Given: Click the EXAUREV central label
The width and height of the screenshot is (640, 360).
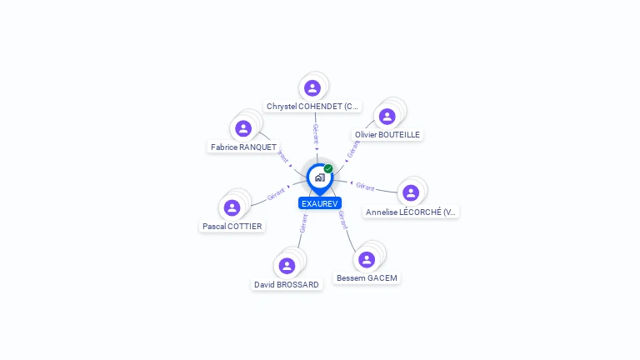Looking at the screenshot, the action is click(320, 203).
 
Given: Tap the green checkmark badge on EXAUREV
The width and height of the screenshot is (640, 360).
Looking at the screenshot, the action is click(328, 169).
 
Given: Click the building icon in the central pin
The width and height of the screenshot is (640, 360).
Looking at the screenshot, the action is click(319, 177).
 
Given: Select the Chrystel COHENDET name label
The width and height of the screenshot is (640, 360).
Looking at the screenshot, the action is click(312, 107).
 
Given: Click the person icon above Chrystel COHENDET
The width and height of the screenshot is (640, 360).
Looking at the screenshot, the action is click(312, 88).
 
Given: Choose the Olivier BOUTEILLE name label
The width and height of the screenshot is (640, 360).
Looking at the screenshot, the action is click(387, 134).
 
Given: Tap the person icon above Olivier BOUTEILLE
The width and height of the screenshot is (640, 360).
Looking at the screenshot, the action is click(387, 116).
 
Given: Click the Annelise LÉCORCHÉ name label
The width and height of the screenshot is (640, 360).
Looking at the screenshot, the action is click(412, 212).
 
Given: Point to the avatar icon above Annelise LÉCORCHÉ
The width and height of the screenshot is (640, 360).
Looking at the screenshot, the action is click(410, 193).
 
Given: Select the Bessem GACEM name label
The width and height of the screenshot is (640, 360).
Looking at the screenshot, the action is click(367, 277).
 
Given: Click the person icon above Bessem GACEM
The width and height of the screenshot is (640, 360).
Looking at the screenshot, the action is click(367, 259).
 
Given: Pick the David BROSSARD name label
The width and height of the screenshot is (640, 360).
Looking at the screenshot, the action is click(287, 284).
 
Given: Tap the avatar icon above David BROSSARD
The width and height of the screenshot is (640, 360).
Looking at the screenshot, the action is click(287, 266).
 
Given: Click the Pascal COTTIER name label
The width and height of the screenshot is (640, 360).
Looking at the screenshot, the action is click(232, 226).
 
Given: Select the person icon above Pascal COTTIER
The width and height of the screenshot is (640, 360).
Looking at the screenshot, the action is click(232, 207).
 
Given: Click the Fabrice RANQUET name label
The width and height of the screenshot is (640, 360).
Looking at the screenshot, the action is click(243, 147).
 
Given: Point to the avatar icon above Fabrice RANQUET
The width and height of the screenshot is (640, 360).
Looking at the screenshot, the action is click(243, 128).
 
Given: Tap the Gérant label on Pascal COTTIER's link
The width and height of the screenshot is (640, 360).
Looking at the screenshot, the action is click(276, 195).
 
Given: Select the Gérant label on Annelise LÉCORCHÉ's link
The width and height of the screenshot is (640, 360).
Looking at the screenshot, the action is click(365, 186).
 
